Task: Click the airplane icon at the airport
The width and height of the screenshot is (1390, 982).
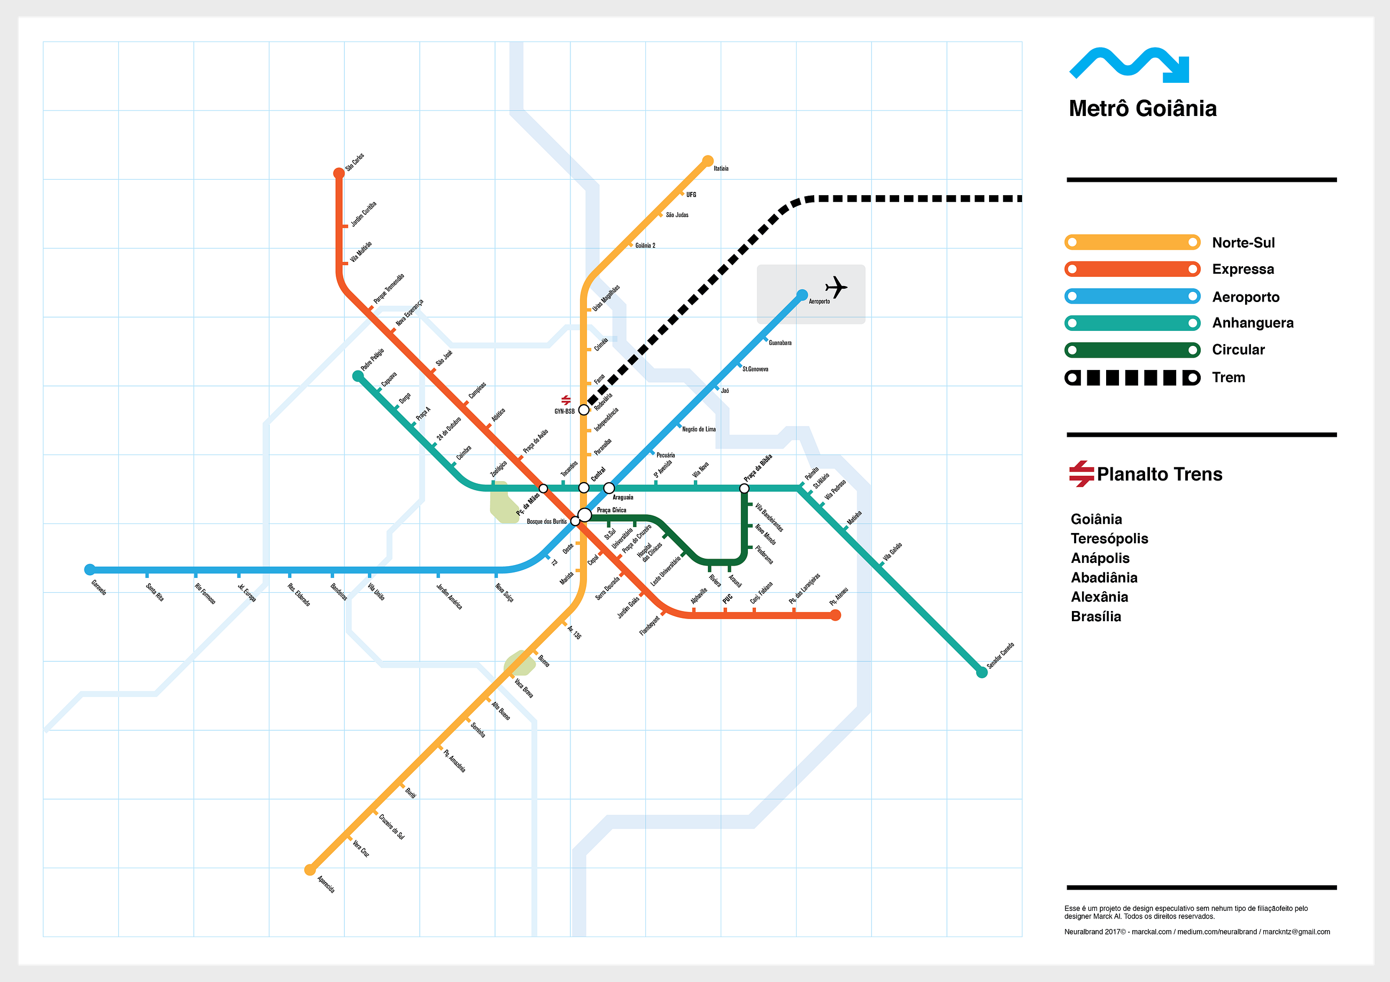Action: click(836, 287)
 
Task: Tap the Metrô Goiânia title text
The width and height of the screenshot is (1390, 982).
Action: click(1142, 109)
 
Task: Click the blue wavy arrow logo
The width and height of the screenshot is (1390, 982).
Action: click(1129, 65)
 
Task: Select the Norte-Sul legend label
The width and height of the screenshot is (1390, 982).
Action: click(1243, 243)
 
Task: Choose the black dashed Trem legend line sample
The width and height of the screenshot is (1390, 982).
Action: click(1132, 378)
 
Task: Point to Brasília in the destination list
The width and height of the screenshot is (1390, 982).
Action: click(1096, 616)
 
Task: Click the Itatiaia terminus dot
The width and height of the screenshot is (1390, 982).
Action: click(708, 161)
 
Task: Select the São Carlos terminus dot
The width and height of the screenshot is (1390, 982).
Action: click(339, 174)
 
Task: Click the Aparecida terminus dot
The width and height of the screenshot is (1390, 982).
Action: click(310, 870)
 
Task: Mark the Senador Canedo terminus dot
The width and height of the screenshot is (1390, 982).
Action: click(982, 672)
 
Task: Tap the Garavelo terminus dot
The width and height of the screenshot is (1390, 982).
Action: click(90, 569)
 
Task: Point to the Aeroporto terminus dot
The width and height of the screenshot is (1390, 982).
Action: click(802, 295)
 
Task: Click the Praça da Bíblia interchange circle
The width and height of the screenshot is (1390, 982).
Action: click(744, 488)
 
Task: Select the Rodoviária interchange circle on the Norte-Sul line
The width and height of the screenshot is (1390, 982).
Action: click(583, 410)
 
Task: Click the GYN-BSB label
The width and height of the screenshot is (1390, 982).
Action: click(564, 412)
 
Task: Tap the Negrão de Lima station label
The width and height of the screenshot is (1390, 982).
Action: click(699, 429)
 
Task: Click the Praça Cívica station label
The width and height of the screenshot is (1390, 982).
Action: click(612, 511)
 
